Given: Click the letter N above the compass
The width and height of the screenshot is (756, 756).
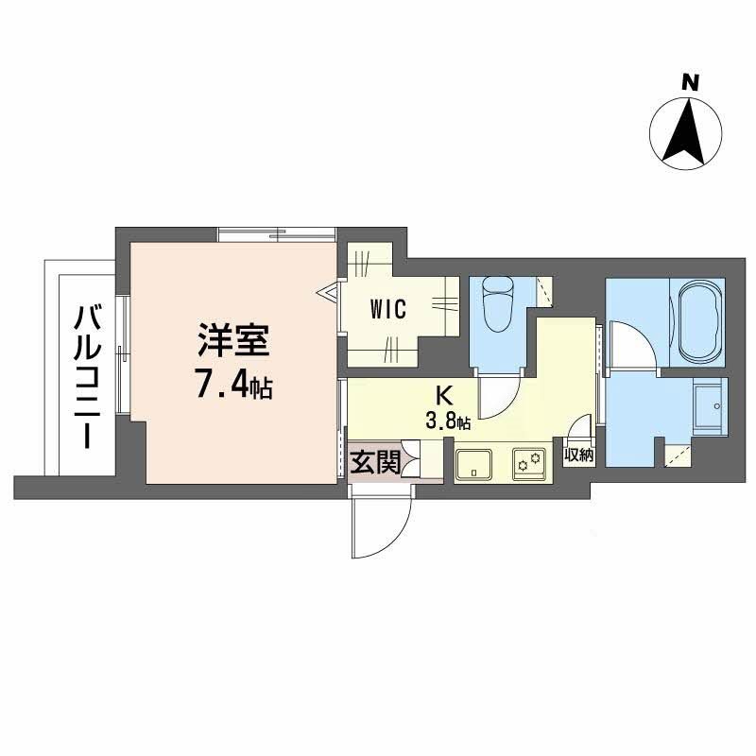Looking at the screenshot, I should pos(691,83).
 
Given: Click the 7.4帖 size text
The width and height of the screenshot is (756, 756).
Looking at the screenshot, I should pos(233,384).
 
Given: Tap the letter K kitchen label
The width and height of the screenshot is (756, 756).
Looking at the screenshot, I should pos(442,394).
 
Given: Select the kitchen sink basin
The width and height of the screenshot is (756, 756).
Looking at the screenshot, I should pos(472,463).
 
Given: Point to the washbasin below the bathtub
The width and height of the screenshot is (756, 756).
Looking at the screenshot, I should pos(709,405).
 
